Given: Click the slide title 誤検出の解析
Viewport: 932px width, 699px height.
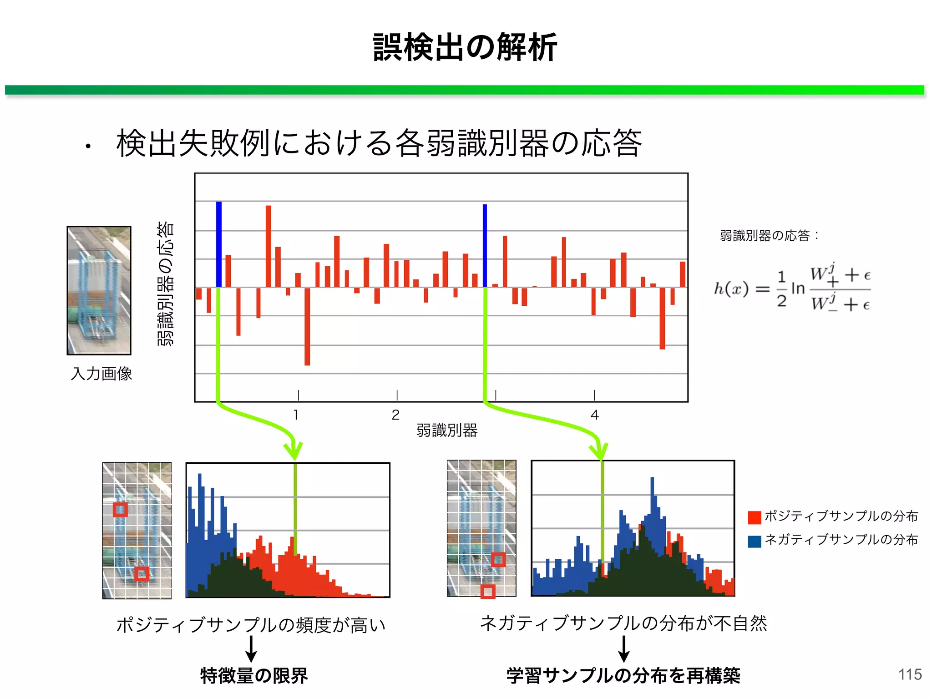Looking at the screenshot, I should click(x=465, y=47).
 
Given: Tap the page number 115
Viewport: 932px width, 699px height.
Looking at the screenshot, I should click(x=910, y=674).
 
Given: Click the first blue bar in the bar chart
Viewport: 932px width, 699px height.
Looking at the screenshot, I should click(x=219, y=244).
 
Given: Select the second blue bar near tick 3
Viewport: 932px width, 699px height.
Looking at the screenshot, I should click(x=485, y=246).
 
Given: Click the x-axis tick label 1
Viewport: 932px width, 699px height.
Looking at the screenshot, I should click(x=296, y=415).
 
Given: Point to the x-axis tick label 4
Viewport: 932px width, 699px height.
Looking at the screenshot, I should click(x=594, y=415).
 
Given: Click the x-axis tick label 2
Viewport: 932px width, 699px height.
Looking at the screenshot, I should click(x=395, y=415).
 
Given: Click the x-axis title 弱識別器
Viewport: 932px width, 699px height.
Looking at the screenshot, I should click(x=446, y=430).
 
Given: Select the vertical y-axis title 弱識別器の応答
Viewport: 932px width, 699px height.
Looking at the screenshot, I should click(x=166, y=283).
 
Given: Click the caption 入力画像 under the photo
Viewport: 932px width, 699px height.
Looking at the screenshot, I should click(x=101, y=374).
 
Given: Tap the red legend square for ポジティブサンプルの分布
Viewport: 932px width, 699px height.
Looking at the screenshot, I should click(x=755, y=517).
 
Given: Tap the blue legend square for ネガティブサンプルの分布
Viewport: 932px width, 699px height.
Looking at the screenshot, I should click(x=755, y=541).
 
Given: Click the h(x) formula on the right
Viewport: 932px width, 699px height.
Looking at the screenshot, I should click(x=792, y=288).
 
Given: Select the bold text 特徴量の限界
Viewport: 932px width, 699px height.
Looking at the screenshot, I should click(x=254, y=675).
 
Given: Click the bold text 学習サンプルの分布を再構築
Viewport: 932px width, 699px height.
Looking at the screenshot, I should click(x=623, y=675).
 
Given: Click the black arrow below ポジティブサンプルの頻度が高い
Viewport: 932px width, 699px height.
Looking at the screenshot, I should click(x=251, y=648).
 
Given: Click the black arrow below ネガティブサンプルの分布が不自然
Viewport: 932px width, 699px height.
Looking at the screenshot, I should click(x=624, y=648).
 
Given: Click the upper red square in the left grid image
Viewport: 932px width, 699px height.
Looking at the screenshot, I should click(x=120, y=509).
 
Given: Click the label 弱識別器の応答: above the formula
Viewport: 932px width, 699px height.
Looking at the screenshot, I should click(x=769, y=235).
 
